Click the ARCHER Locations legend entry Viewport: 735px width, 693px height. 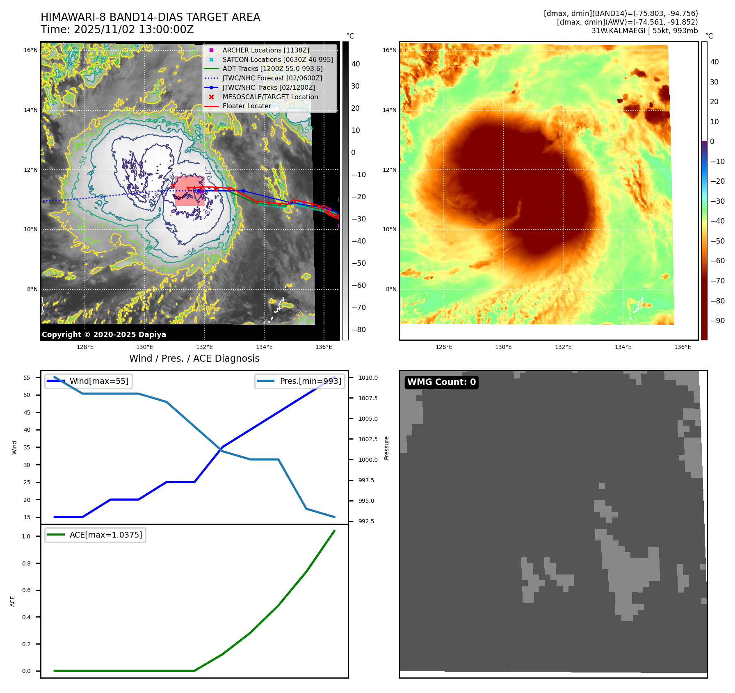pyautogui.click(x=266, y=50)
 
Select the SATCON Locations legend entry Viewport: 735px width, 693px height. pyautogui.click(x=278, y=59)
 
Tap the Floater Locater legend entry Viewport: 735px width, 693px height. pyautogui.click(x=247, y=106)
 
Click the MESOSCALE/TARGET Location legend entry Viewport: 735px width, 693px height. pyautogui.click(x=270, y=97)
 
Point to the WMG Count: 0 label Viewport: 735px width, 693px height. pyautogui.click(x=441, y=382)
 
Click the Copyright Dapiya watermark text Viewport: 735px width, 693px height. pyautogui.click(x=104, y=335)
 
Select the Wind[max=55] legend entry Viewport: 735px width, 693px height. pyautogui.click(x=99, y=381)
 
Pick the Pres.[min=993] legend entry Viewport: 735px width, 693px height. pyautogui.click(x=310, y=381)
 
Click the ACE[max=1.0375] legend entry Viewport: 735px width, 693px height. pyautogui.click(x=105, y=535)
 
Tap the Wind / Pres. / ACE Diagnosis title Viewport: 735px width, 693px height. pyautogui.click(x=194, y=358)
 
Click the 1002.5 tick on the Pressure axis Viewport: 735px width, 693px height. pyautogui.click(x=368, y=439)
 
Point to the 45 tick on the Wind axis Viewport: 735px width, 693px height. pyautogui.click(x=27, y=413)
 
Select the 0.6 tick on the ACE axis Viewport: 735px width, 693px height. pyautogui.click(x=26, y=590)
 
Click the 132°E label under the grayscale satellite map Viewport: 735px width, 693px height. pyautogui.click(x=204, y=347)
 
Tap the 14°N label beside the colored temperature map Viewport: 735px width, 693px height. pyautogui.click(x=390, y=110)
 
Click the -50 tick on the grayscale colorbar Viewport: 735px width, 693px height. pyautogui.click(x=358, y=263)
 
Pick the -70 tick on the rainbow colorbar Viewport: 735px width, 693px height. pyautogui.click(x=717, y=281)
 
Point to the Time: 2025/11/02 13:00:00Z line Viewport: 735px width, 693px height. pyautogui.click(x=117, y=30)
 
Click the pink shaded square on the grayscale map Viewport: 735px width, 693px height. pyautogui.click(x=189, y=191)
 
